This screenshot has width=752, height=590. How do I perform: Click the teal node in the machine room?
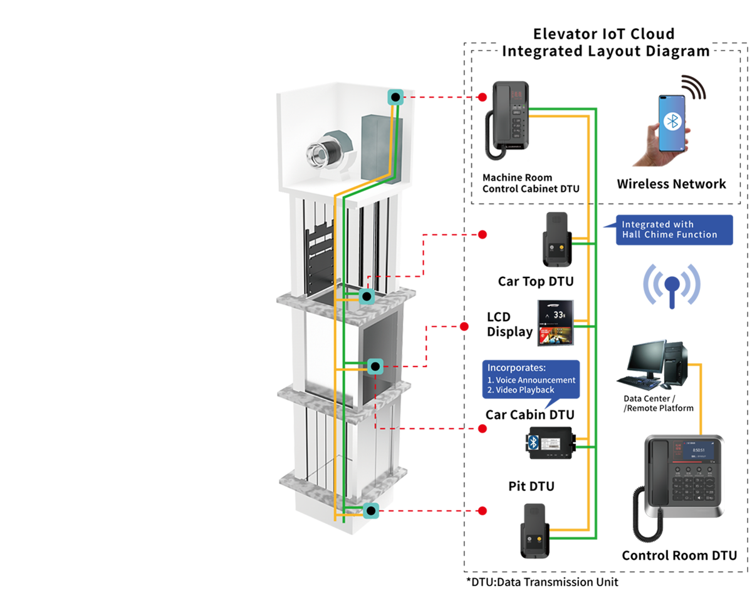coord(395,97)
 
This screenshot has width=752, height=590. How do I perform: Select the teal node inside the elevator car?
coord(375,366)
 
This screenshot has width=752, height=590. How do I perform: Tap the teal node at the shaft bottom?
coord(371,511)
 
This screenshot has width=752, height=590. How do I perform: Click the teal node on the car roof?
coord(365,296)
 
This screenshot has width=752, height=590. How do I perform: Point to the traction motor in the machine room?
coord(325,150)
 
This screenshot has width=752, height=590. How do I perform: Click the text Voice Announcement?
coord(535,380)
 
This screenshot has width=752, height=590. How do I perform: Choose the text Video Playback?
coord(524,390)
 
